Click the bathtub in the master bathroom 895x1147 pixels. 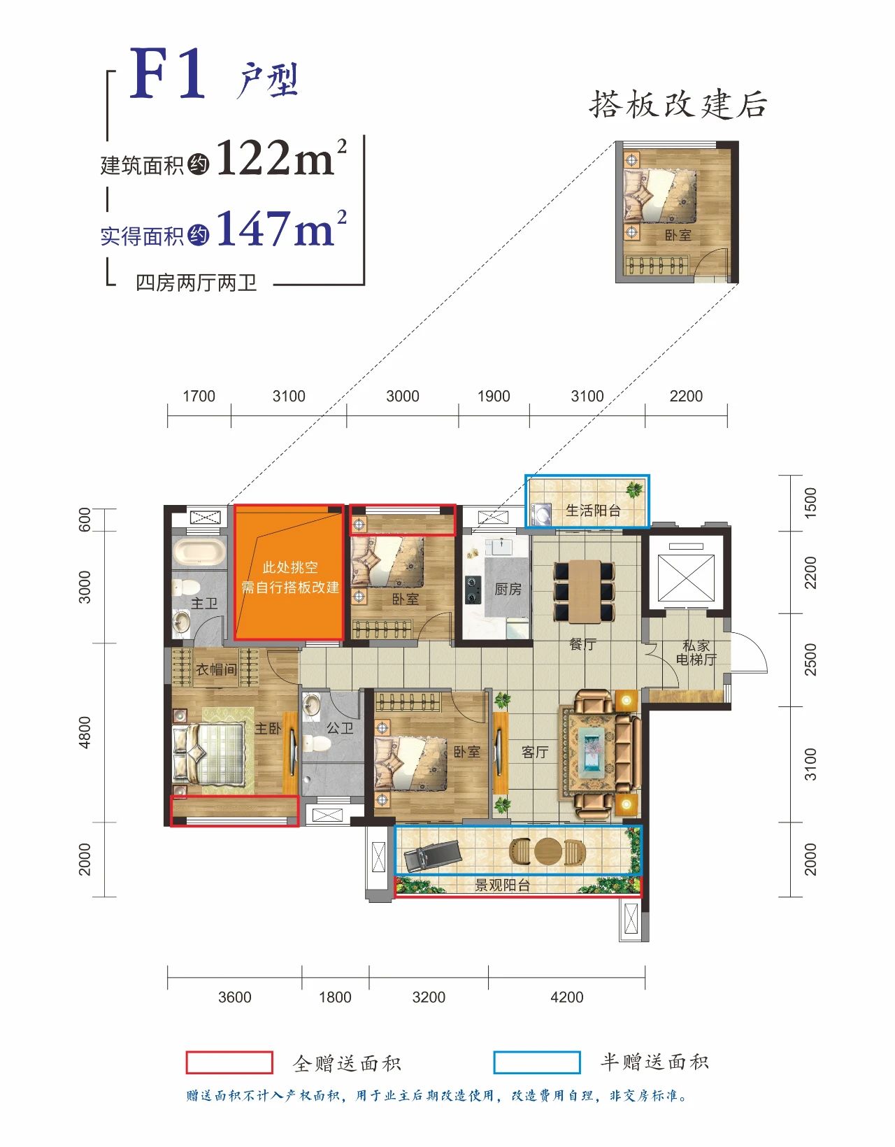(x=200, y=552)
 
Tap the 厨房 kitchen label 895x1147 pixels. (x=508, y=589)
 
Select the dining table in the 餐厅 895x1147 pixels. (x=584, y=590)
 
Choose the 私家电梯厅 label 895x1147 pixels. (x=696, y=653)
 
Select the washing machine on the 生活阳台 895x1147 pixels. (x=540, y=512)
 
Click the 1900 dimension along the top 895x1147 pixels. (x=494, y=397)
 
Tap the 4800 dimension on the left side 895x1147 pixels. (x=85, y=732)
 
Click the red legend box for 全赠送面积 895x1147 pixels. (x=229, y=1062)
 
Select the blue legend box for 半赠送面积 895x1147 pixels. (x=537, y=1062)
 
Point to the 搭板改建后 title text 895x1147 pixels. (x=678, y=104)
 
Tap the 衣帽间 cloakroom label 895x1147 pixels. (x=216, y=669)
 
